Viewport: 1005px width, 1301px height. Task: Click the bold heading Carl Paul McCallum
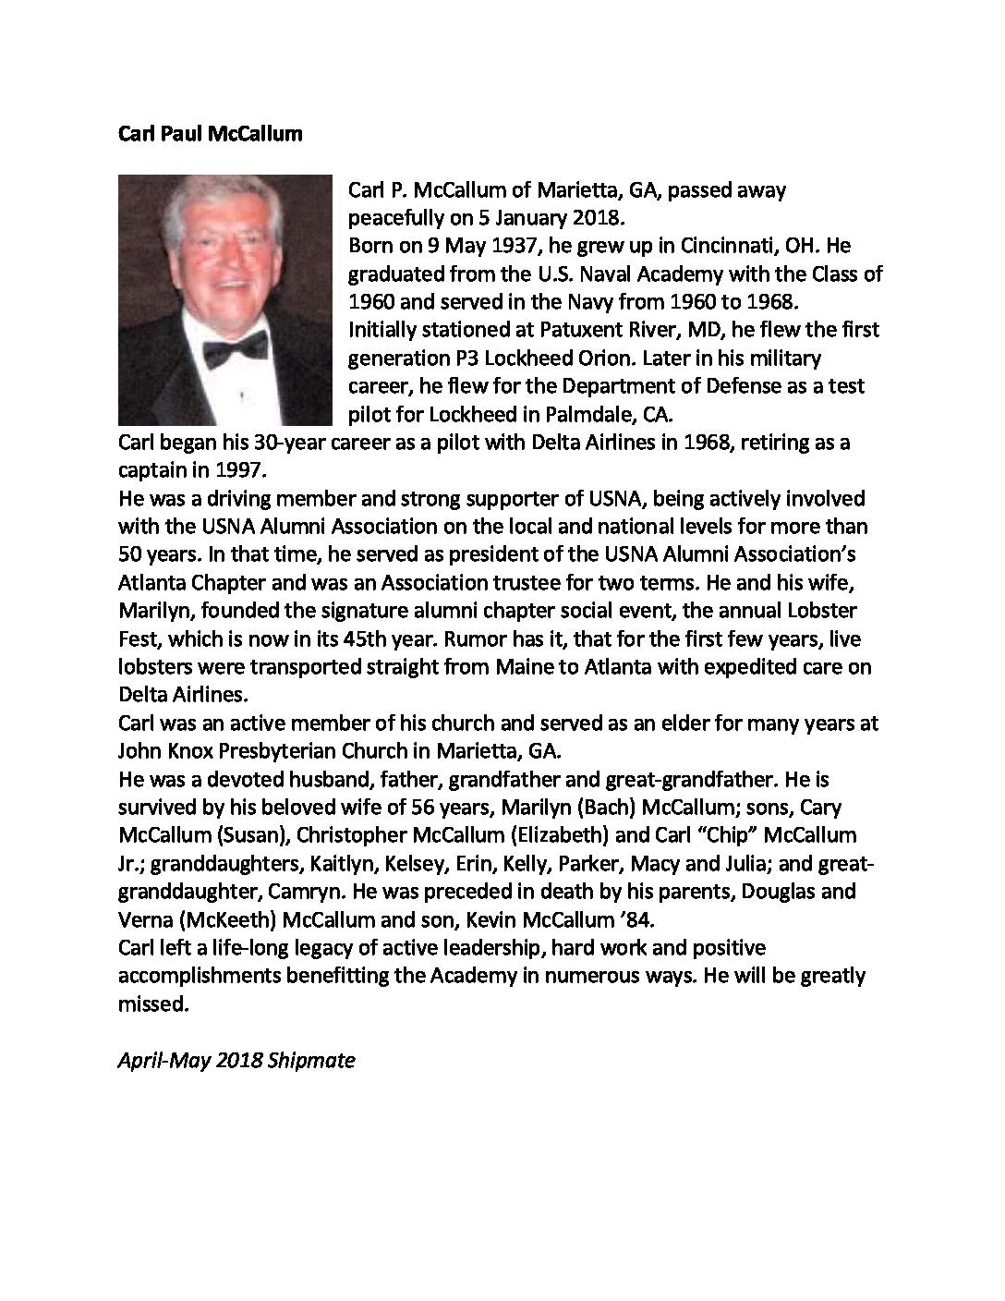click(210, 134)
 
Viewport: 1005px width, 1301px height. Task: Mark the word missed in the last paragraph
click(153, 1003)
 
